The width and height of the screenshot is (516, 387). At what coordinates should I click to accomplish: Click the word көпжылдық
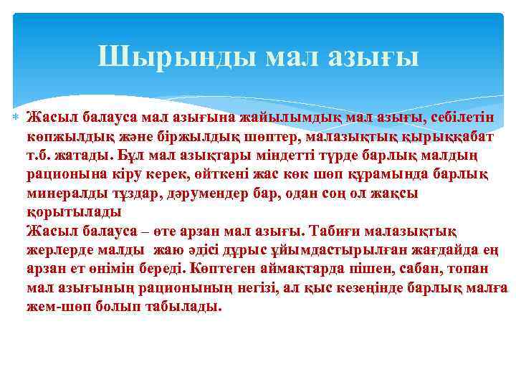point(63,136)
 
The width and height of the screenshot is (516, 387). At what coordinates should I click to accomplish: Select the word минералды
point(64,194)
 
